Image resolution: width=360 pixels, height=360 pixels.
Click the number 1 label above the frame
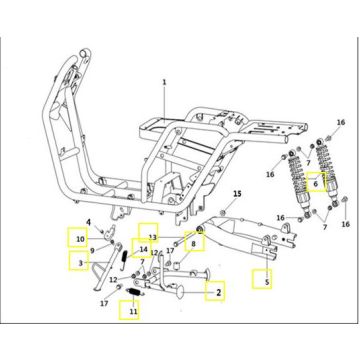[164, 82]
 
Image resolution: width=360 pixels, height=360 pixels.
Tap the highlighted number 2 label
[219, 293]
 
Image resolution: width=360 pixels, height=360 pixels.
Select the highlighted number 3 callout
[80, 263]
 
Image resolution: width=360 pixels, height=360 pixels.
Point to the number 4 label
[89, 222]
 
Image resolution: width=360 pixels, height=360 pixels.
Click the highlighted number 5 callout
[267, 282]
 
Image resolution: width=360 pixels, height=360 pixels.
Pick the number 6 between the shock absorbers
[316, 183]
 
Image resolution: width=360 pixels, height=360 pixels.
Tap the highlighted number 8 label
[193, 244]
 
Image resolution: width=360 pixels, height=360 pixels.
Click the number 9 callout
[92, 250]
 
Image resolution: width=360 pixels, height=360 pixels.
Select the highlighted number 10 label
[81, 239]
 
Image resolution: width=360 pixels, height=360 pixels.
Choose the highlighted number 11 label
[133, 312]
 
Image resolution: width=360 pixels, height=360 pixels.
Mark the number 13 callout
[152, 237]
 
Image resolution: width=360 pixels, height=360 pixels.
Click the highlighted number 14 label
[143, 249]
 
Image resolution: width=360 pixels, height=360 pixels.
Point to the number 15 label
[237, 193]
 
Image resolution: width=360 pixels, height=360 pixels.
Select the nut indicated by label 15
[224, 213]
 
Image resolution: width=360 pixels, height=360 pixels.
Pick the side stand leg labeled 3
[106, 268]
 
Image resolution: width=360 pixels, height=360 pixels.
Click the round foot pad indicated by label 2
[180, 292]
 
